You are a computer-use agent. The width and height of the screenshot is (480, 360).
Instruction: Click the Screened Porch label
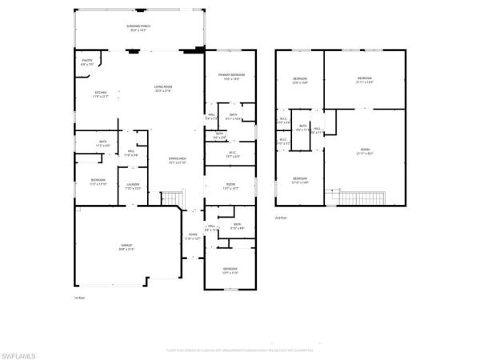click(x=139, y=28)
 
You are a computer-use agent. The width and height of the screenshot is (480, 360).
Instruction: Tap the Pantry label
click(x=86, y=62)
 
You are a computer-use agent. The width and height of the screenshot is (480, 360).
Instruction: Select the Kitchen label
click(x=101, y=94)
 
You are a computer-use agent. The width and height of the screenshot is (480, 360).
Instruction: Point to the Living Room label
click(x=164, y=88)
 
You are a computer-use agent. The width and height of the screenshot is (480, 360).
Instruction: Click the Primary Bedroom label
click(x=230, y=77)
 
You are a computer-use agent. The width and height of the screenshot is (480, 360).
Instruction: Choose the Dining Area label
click(x=177, y=161)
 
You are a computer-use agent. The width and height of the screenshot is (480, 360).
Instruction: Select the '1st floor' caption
click(x=79, y=298)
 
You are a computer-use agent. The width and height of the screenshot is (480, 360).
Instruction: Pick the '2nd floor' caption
click(x=281, y=217)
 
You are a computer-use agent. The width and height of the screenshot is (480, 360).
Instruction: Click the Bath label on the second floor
click(x=303, y=126)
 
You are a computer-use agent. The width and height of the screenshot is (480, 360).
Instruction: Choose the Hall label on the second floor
click(x=317, y=130)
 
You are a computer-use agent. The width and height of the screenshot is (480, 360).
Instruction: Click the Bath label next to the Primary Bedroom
click(x=233, y=116)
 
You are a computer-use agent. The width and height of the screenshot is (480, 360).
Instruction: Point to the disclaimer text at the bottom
click(x=240, y=350)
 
